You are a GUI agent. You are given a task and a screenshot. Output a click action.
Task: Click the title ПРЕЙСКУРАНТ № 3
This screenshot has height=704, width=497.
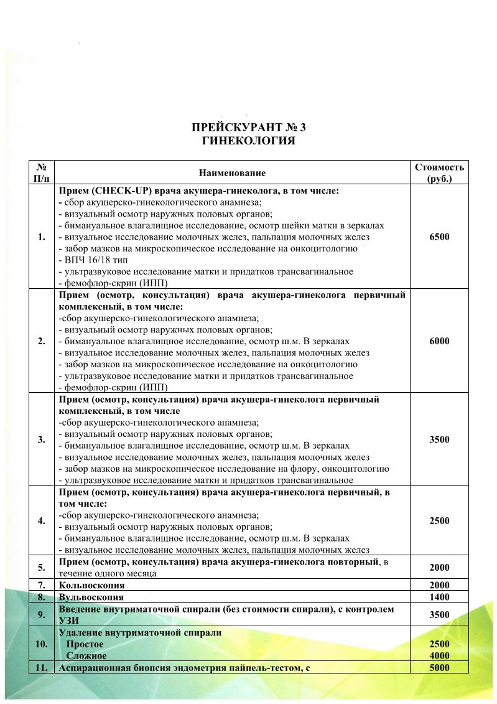point(248,128)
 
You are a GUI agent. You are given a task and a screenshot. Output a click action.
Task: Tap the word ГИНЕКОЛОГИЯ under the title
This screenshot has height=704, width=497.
point(248,141)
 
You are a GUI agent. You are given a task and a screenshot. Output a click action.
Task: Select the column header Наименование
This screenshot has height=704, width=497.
point(232,172)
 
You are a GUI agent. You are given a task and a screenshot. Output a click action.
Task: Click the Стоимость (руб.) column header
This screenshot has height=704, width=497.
point(439,172)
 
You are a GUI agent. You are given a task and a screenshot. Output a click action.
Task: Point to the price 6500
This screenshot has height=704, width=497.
point(439,237)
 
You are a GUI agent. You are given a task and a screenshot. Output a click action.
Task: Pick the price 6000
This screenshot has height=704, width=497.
point(439,341)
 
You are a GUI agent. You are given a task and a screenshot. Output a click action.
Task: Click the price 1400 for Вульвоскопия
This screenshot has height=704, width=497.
point(439,596)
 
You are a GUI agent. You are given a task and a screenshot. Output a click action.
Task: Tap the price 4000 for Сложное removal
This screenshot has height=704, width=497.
point(439,656)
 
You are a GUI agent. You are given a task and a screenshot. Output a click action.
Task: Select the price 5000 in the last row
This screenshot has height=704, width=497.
point(439,668)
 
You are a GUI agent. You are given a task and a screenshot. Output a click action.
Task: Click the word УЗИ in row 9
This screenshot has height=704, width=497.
point(70,620)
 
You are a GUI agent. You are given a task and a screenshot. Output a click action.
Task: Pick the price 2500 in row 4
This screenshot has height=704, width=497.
point(439,521)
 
